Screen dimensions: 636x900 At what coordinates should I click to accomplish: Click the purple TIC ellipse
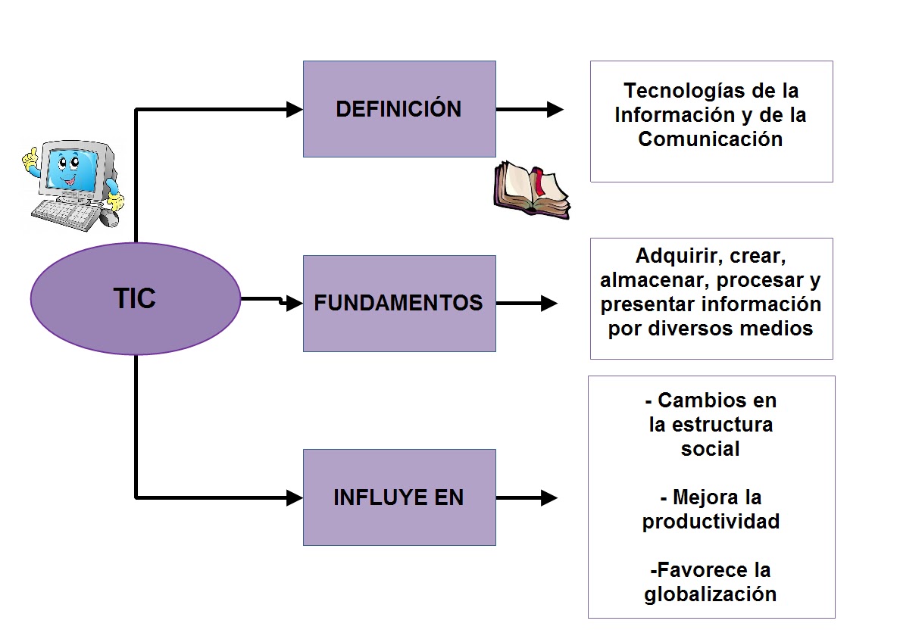pos(135,298)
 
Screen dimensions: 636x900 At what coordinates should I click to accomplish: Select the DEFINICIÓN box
pos(399,109)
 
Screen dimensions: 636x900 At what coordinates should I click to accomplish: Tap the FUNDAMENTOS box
pos(399,304)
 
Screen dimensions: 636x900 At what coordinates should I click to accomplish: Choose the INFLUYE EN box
pos(399,497)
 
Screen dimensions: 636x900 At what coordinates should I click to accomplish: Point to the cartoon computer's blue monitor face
pos(71,170)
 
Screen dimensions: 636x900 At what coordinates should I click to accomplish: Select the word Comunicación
pos(710,139)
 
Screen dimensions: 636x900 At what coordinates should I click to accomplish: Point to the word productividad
pos(711,522)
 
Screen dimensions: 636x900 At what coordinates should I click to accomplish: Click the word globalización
pos(711,594)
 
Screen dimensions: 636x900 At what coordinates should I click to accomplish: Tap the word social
pos(711,448)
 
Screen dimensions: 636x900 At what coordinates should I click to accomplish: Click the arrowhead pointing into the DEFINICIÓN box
pos(295,110)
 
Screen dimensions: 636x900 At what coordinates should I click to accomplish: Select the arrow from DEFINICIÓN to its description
pos(530,110)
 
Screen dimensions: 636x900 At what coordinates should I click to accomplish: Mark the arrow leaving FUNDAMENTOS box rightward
pos(527,304)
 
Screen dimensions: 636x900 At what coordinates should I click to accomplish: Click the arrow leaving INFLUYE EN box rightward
pos(527,497)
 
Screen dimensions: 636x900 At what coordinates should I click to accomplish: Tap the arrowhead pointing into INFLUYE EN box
pos(295,497)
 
